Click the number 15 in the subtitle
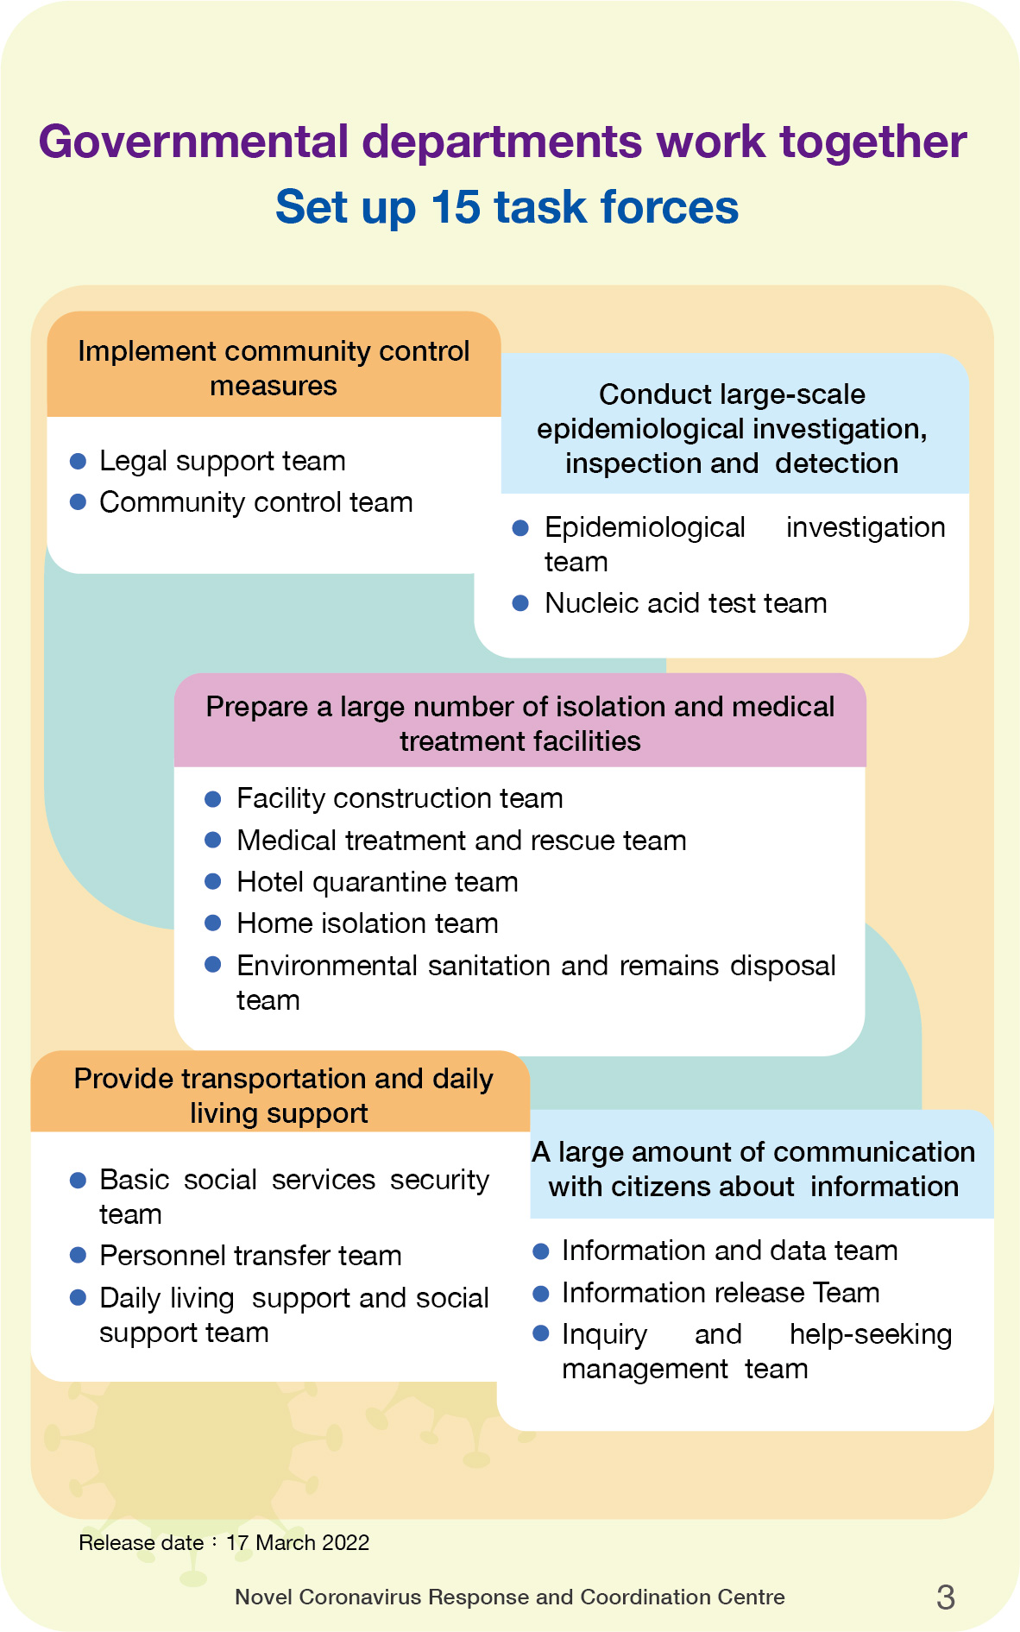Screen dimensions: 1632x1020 (455, 207)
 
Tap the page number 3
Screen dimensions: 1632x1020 (945, 1597)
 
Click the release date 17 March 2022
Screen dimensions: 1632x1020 (297, 1542)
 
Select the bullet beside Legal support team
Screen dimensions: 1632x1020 (78, 461)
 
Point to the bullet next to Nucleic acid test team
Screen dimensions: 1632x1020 (520, 603)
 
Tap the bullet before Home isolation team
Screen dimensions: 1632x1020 (213, 923)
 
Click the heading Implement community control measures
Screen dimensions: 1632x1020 (274, 368)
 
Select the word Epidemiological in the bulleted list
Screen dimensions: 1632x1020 (645, 527)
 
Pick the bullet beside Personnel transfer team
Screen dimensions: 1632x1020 (78, 1256)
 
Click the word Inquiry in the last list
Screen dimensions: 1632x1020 (604, 1334)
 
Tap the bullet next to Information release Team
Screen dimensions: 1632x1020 (541, 1293)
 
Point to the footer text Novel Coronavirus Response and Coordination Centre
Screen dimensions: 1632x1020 (509, 1597)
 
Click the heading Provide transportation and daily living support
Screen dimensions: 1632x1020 (282, 1095)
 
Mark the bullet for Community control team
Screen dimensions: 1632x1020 (78, 502)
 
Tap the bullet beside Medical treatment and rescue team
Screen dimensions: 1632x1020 (213, 841)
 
